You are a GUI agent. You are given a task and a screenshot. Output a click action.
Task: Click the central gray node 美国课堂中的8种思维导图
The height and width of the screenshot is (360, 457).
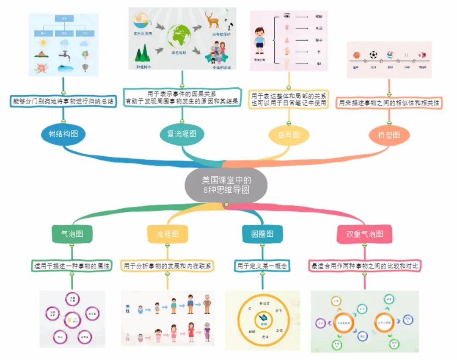pyautogui.click(x=226, y=185)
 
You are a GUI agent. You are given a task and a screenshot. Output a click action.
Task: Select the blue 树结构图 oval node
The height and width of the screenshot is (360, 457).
pyautogui.click(x=63, y=134)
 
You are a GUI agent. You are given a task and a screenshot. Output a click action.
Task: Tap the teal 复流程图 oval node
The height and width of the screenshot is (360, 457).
pyautogui.click(x=182, y=134)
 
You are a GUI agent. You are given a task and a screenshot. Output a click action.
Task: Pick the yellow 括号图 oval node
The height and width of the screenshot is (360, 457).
pyautogui.click(x=289, y=135)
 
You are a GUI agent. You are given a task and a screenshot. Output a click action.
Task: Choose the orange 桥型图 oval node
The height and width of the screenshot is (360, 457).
pyautogui.click(x=389, y=135)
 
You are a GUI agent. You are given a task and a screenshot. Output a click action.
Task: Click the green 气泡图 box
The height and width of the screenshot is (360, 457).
pyautogui.click(x=72, y=234)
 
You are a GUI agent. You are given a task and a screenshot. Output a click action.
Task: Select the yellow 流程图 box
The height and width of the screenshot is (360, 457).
pyautogui.click(x=168, y=234)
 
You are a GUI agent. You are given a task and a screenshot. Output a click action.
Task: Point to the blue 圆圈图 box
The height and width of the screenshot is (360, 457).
pyautogui.click(x=262, y=234)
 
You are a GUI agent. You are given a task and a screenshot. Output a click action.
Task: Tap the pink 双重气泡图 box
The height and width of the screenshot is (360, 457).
pyautogui.click(x=364, y=234)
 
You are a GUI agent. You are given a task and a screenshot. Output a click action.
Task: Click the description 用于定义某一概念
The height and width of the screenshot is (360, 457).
pyautogui.click(x=262, y=266)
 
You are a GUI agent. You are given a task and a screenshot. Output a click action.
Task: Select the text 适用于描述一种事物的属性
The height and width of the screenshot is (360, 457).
pyautogui.click(x=72, y=266)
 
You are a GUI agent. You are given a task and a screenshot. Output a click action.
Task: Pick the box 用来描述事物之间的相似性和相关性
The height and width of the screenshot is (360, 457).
pyautogui.click(x=389, y=102)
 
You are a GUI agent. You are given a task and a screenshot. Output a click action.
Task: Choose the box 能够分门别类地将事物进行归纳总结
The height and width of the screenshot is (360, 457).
pyautogui.click(x=63, y=102)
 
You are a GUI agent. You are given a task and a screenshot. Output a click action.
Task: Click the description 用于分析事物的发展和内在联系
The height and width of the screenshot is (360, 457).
pyautogui.click(x=168, y=266)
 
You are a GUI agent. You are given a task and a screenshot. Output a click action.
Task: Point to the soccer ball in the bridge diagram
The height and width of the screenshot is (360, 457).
pyautogui.click(x=373, y=55)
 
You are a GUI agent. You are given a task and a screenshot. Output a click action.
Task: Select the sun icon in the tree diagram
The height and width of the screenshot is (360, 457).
pyautogui.click(x=43, y=43)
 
